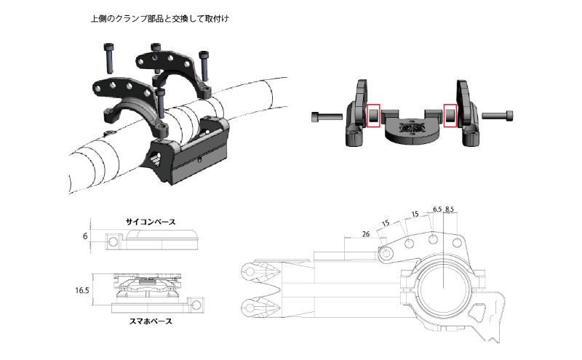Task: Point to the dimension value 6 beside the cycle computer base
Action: (x=85, y=236)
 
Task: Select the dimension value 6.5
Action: (x=436, y=209)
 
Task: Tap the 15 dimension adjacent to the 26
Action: (x=386, y=223)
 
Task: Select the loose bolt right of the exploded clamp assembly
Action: (x=498, y=116)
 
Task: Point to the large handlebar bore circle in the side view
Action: (x=443, y=279)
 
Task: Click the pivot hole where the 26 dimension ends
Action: (x=386, y=252)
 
